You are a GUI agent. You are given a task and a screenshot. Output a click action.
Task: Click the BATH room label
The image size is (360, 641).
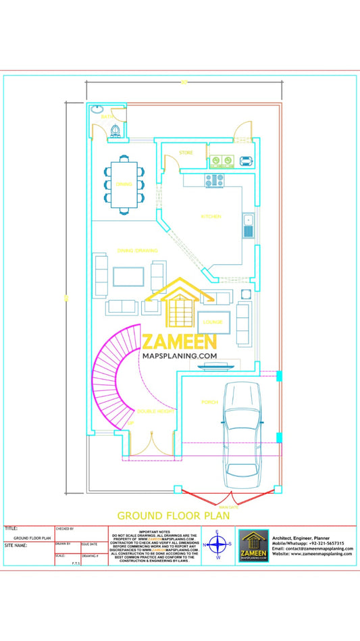point(107,117)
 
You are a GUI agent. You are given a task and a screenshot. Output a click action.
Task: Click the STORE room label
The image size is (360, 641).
point(186,153)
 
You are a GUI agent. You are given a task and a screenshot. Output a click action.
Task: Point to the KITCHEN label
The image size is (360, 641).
point(211,216)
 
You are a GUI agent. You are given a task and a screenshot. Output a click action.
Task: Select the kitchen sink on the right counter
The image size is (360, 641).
point(249,226)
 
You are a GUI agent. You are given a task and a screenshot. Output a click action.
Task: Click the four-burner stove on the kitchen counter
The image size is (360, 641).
point(215,180)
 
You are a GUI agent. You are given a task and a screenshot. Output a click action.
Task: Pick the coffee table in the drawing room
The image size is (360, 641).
point(128,276)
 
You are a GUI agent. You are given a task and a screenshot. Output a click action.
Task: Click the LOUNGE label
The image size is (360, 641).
point(213,322)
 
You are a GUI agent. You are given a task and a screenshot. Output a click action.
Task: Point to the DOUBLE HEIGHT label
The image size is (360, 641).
point(156,411)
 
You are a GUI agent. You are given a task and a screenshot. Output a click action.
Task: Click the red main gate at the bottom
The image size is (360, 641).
point(229,500)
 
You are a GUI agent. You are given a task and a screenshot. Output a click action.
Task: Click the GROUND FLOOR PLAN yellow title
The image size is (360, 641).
point(174,515)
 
